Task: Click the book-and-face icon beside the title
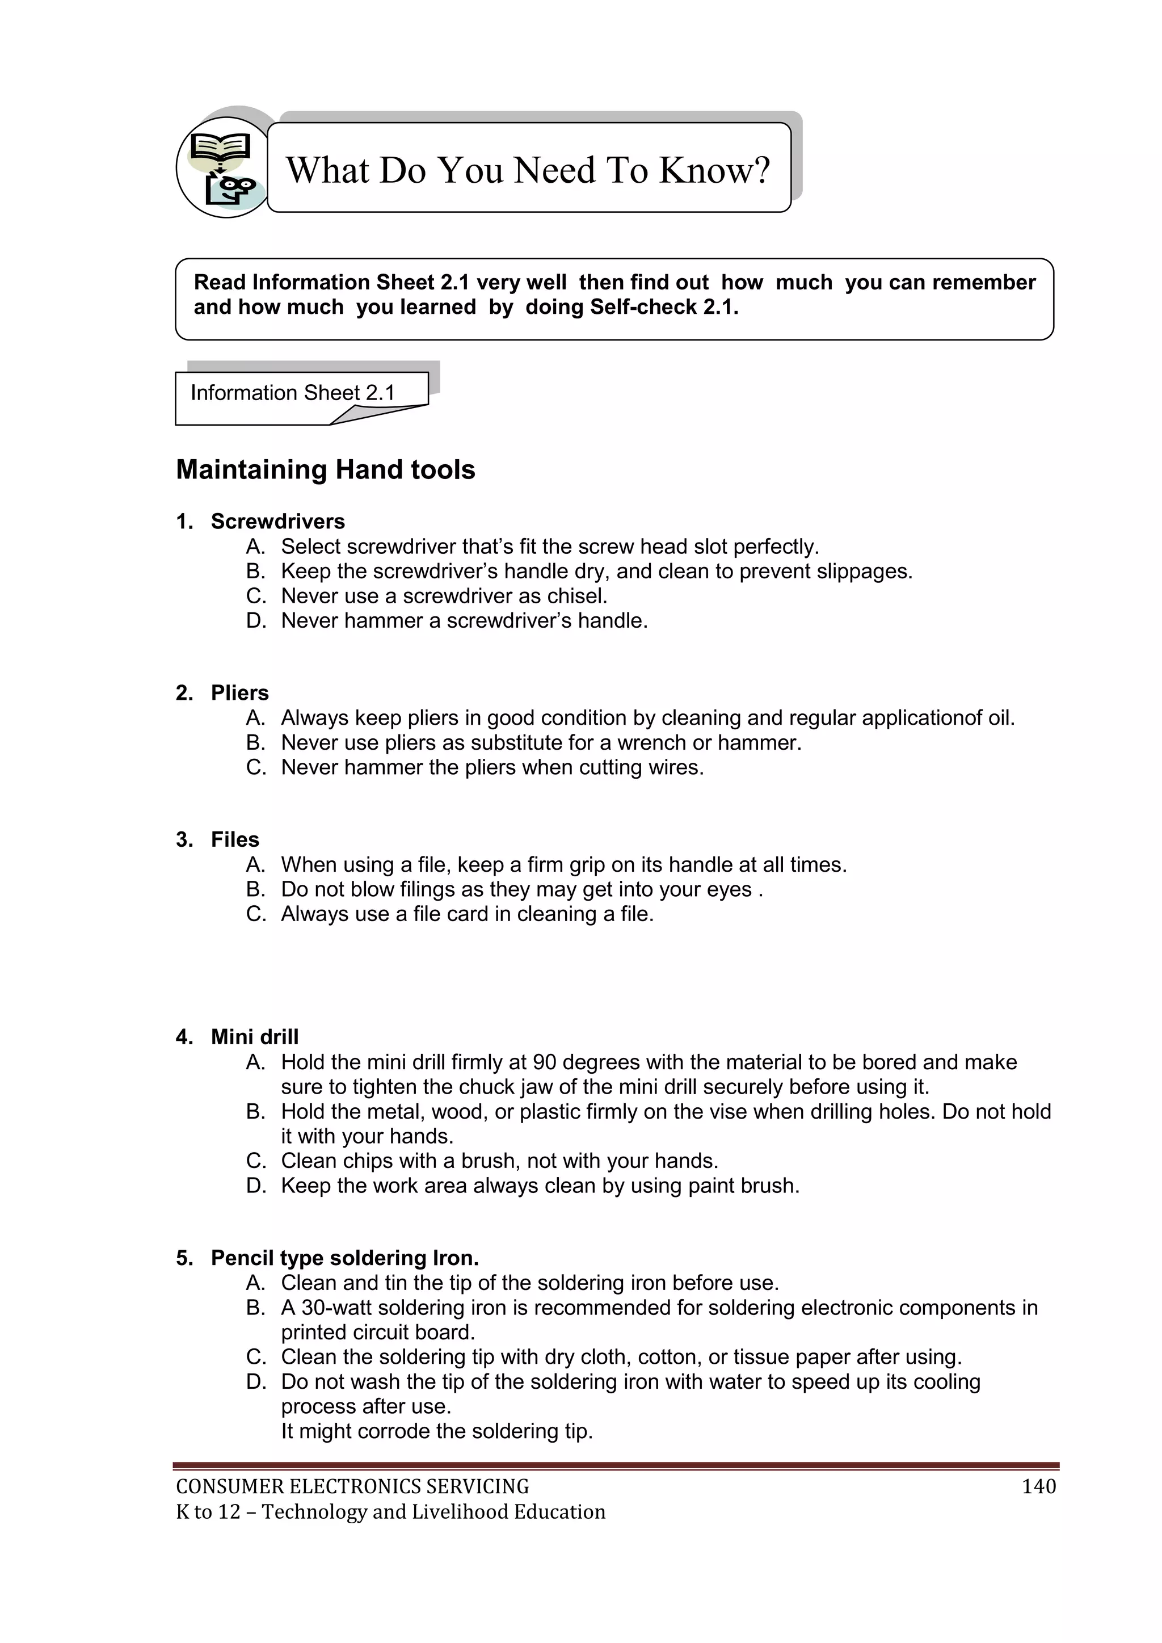(222, 168)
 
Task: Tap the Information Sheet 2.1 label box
(293, 393)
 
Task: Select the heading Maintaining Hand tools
(326, 470)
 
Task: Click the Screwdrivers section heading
(277, 522)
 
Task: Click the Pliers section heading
(239, 693)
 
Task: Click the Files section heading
(235, 839)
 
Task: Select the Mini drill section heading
(255, 1037)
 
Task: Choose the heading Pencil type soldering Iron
(344, 1258)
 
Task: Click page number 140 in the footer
(1038, 1487)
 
